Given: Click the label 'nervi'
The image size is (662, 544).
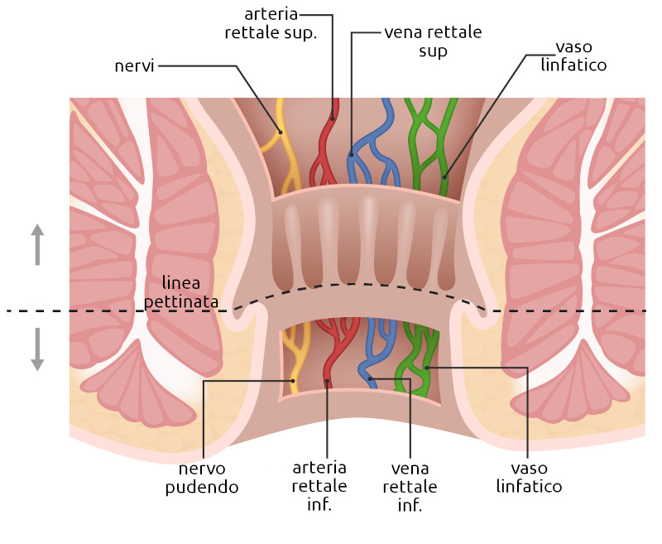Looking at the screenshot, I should (136, 65).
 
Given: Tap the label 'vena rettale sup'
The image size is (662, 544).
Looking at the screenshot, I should (433, 41).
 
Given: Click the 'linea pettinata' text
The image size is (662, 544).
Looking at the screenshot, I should (181, 294).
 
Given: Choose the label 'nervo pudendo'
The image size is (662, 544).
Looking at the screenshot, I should (202, 479).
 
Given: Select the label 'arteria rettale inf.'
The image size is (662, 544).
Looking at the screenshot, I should (319, 485).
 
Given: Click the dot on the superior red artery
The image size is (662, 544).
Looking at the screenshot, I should (333, 118).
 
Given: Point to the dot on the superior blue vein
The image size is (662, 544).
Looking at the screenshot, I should (352, 153).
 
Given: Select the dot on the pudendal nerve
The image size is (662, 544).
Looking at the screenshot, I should (294, 380).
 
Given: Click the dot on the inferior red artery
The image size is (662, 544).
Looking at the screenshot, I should (328, 381).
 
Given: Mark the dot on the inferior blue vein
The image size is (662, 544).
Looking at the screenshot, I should (372, 380).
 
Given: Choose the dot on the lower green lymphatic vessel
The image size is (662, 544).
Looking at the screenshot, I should (427, 366).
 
